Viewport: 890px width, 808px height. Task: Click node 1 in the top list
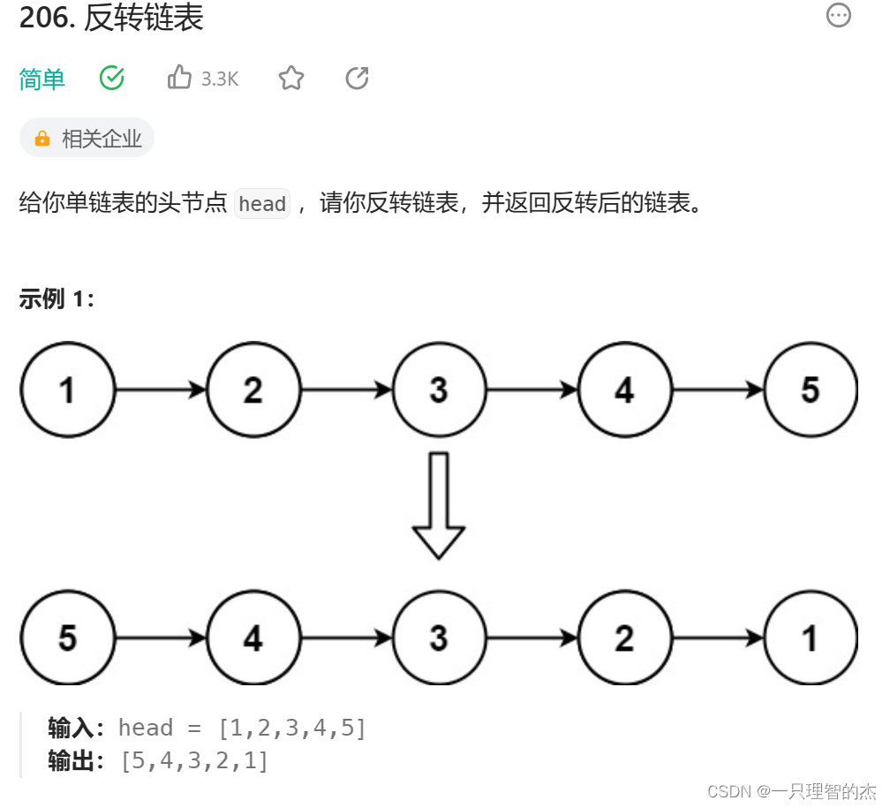tap(68, 389)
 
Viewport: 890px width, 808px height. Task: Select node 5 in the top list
tap(811, 389)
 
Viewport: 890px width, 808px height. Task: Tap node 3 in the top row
tap(439, 389)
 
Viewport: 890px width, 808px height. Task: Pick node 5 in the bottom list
tap(68, 638)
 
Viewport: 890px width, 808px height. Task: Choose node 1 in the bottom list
tap(811, 638)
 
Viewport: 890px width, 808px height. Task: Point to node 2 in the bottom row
tap(624, 638)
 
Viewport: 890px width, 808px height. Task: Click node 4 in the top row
tap(624, 389)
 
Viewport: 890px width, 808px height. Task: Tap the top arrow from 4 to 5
tap(718, 389)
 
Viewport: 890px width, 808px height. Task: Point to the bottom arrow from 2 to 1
tap(718, 638)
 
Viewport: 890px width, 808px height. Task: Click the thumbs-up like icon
tap(179, 78)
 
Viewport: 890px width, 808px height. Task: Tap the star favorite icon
tap(291, 79)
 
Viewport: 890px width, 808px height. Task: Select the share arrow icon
tap(357, 79)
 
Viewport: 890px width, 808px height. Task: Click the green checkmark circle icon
tap(112, 78)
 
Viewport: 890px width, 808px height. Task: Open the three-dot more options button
tap(838, 15)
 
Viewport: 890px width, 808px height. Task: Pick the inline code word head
tap(262, 204)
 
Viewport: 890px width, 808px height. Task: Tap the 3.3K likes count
tap(220, 79)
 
